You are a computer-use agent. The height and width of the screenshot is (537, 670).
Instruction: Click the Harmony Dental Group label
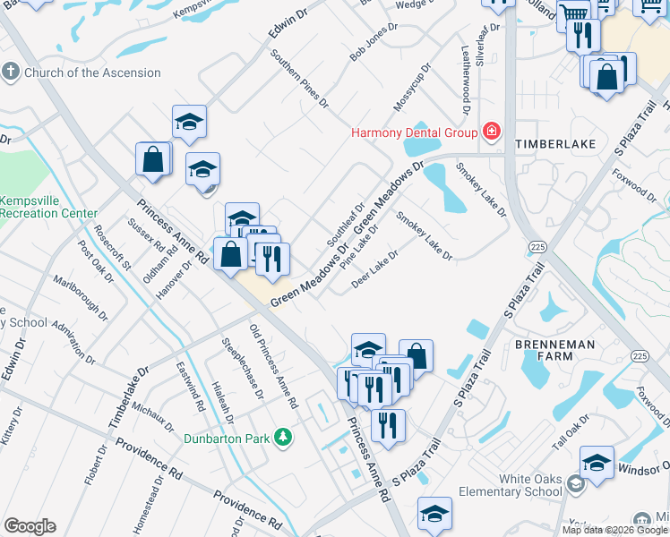414,133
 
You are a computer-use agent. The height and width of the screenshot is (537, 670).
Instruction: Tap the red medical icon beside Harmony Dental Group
491,133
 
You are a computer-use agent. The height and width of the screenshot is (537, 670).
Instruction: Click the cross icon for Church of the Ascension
11,72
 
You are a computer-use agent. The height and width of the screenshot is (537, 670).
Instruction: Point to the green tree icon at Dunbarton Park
283,438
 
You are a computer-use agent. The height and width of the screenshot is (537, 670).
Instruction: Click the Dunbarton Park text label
228,439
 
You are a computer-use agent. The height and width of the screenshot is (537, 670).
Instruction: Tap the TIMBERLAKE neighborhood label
548,143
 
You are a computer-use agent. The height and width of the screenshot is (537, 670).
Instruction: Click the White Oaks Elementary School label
510,484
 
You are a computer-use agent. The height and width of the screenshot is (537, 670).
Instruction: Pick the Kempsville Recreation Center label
48,207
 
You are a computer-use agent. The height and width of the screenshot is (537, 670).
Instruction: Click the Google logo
30,526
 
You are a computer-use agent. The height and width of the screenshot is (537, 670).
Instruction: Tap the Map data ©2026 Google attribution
614,530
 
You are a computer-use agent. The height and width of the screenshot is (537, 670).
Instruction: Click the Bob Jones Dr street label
373,42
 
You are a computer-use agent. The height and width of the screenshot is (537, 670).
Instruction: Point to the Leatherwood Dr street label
465,81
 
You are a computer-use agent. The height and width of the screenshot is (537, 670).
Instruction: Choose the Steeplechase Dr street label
242,367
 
